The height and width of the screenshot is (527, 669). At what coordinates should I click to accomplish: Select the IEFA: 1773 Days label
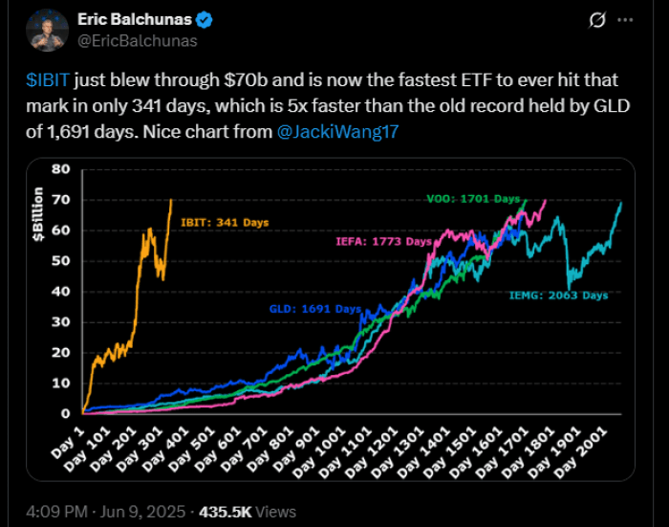pyautogui.click(x=383, y=242)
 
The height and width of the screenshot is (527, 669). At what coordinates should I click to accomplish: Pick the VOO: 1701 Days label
pyautogui.click(x=470, y=199)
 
